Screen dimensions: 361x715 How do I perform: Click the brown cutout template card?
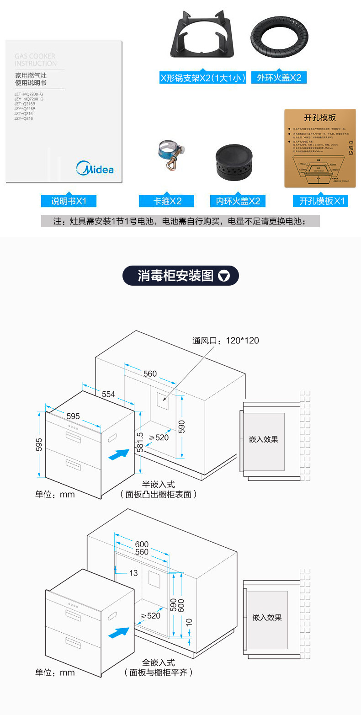pos(320,148)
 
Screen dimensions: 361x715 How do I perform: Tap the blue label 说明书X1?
pos(69,201)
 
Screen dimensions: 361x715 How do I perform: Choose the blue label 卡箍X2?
pos(167,201)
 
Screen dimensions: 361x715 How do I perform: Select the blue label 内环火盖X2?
pos(238,201)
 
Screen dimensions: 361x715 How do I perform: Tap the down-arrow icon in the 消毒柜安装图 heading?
pos(224,276)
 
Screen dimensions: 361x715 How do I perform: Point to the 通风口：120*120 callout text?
pos(226,341)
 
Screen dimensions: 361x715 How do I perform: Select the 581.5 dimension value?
pos(140,442)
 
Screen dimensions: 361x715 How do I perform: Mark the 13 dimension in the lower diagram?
pos(133,573)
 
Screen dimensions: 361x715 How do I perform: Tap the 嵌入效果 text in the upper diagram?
pos(264,439)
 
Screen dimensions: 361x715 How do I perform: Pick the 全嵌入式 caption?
pos(159,662)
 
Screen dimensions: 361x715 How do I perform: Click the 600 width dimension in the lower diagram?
pos(142,544)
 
